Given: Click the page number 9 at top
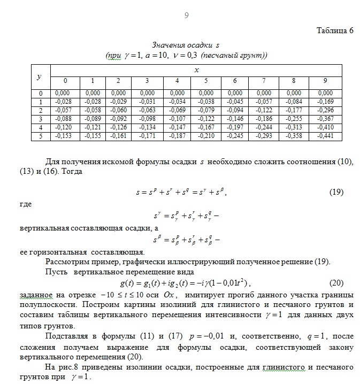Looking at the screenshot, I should point(186,16).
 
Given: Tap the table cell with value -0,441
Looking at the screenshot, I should point(325,136).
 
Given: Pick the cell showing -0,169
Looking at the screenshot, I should point(325,102).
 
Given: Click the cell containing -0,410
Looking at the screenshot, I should point(325,128).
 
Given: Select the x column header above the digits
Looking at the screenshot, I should point(196,70).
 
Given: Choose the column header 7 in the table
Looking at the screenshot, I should point(264,81).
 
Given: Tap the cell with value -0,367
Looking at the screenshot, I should point(325,119).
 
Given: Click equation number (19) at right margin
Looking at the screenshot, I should point(336,191).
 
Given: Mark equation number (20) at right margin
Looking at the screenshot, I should point(336,282).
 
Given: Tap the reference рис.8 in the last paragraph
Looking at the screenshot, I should point(71,367).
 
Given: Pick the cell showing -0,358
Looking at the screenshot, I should point(294,136).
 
